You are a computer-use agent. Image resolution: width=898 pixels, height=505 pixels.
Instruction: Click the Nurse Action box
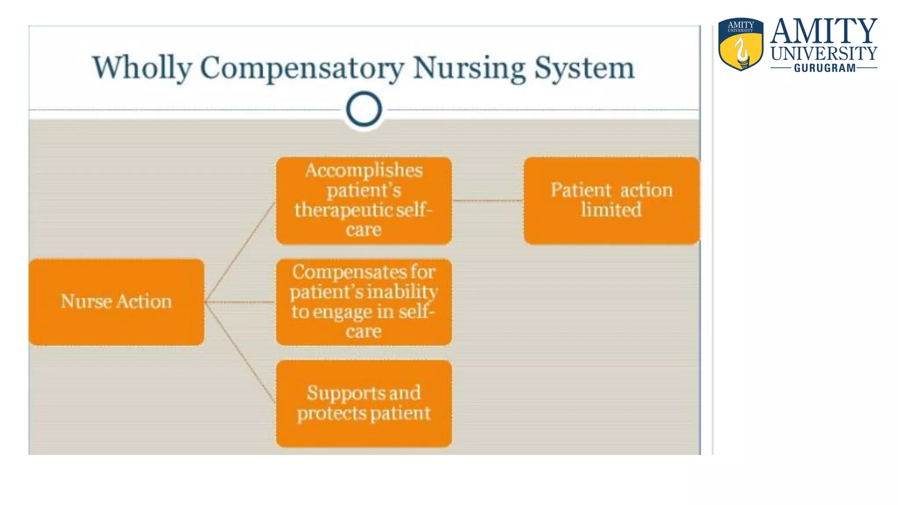(x=116, y=302)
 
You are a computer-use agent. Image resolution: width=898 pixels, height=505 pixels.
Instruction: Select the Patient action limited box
(x=611, y=200)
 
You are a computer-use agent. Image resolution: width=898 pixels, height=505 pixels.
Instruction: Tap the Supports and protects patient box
(x=363, y=403)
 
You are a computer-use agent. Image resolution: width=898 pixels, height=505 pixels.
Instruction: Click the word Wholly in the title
(x=143, y=68)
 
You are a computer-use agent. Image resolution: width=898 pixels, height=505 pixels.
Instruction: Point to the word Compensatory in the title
(x=302, y=68)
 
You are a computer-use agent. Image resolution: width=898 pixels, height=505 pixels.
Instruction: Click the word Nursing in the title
(x=469, y=68)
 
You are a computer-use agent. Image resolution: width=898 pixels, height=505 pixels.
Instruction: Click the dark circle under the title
(x=363, y=109)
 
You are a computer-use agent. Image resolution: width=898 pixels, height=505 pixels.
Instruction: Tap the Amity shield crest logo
(x=741, y=44)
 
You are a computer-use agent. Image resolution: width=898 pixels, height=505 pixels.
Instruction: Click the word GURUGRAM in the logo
(x=825, y=68)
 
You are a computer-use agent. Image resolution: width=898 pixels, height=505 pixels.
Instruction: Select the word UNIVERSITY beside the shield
(x=824, y=54)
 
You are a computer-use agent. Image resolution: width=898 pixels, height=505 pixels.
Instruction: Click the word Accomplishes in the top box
(x=364, y=171)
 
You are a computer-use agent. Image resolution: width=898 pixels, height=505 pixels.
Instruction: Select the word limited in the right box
(x=611, y=210)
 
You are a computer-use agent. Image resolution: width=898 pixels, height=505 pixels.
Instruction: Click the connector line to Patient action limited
(x=488, y=200)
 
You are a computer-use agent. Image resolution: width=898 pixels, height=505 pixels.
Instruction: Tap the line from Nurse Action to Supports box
(x=240, y=353)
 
